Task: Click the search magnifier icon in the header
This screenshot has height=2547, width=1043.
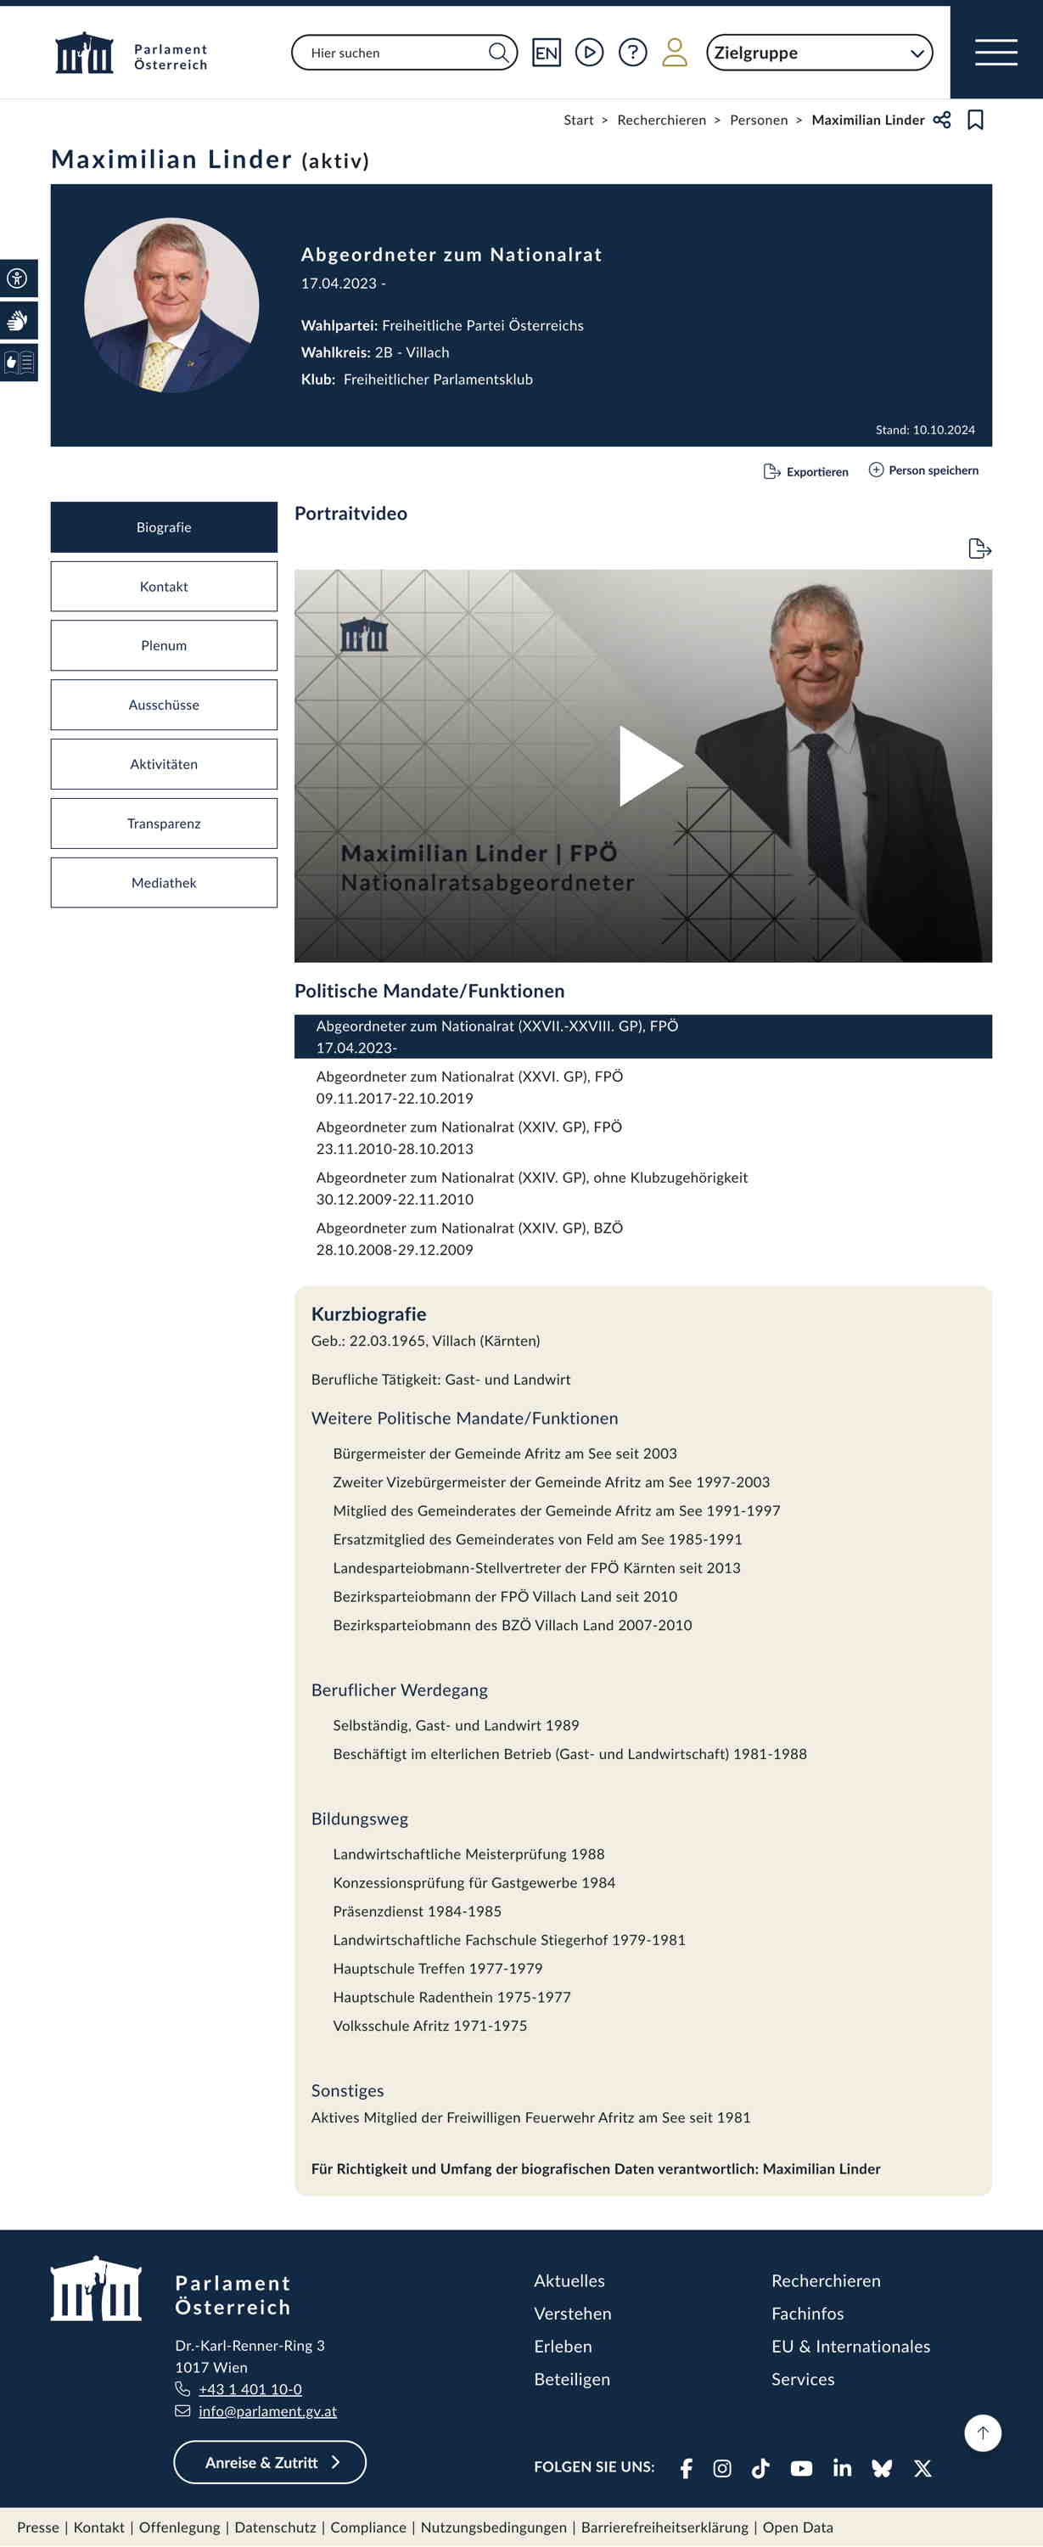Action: [499, 53]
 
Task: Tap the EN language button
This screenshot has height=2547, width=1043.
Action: [546, 53]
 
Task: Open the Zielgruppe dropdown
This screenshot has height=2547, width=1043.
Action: [819, 53]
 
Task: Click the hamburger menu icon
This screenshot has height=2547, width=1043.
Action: [995, 53]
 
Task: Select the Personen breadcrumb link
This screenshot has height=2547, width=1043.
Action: [759, 120]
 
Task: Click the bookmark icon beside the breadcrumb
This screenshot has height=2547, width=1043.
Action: [975, 120]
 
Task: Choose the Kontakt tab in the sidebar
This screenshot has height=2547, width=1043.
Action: [164, 587]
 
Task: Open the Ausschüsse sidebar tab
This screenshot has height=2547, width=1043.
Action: [164, 705]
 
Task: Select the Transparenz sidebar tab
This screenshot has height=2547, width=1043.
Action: [164, 824]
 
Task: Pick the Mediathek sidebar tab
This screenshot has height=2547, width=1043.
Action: [164, 883]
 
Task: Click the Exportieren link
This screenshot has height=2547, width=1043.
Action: [807, 472]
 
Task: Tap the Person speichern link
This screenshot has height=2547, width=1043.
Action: [923, 470]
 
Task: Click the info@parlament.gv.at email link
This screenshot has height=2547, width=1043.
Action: [267, 2410]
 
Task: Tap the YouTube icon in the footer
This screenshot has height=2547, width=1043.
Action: [801, 2468]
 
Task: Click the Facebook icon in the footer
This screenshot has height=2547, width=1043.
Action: [686, 2468]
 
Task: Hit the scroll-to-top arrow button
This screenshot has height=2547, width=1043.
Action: [983, 2433]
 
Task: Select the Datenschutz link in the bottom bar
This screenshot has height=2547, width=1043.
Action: [275, 2527]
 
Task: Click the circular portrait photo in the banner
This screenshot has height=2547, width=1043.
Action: [172, 306]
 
